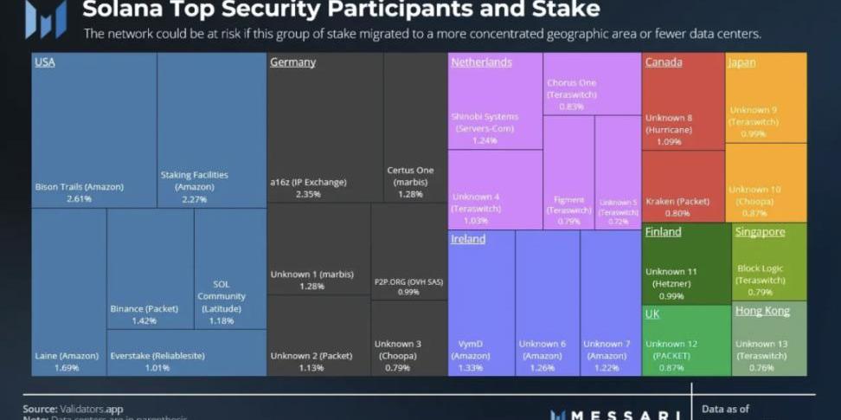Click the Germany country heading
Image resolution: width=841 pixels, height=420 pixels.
pos(292,62)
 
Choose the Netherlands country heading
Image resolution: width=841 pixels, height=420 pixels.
pos(481,62)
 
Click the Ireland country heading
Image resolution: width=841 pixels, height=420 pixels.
pos(468,239)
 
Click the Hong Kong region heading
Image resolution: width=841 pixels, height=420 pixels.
pos(762,311)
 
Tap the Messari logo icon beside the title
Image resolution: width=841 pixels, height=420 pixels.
pos(46,18)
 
